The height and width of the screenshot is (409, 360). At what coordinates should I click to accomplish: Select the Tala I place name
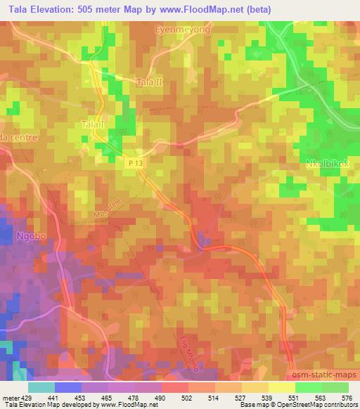click(93, 124)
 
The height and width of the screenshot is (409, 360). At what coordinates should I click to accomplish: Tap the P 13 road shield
click(137, 162)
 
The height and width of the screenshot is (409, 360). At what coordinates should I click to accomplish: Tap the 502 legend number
click(174, 398)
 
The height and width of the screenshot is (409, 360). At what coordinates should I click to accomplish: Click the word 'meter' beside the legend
click(9, 398)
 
